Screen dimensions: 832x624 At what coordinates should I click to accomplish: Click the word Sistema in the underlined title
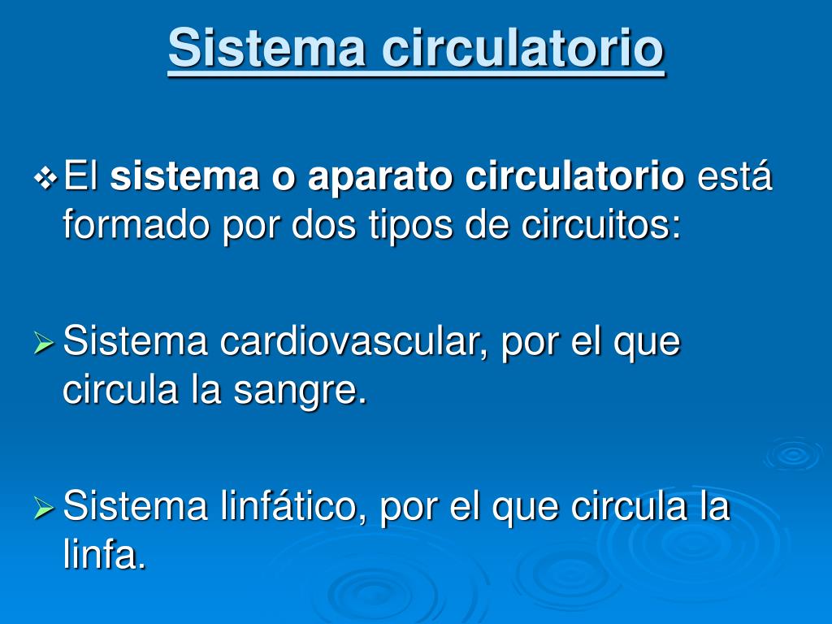click(266, 48)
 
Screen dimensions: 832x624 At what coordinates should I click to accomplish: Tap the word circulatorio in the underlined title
click(522, 48)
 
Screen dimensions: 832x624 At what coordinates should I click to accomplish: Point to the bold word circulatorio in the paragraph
click(574, 175)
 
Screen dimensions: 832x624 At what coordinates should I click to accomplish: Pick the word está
click(734, 175)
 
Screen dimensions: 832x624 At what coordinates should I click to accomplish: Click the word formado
click(136, 225)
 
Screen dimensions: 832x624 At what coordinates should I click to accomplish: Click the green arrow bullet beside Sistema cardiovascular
click(44, 343)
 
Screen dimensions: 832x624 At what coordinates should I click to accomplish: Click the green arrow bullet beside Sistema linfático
click(44, 508)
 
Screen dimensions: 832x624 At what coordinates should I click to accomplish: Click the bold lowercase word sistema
click(184, 176)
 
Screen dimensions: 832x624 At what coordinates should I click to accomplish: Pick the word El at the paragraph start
click(81, 175)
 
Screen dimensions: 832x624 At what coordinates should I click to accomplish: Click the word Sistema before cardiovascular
click(135, 341)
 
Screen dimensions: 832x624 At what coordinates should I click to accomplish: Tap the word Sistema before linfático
click(135, 505)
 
